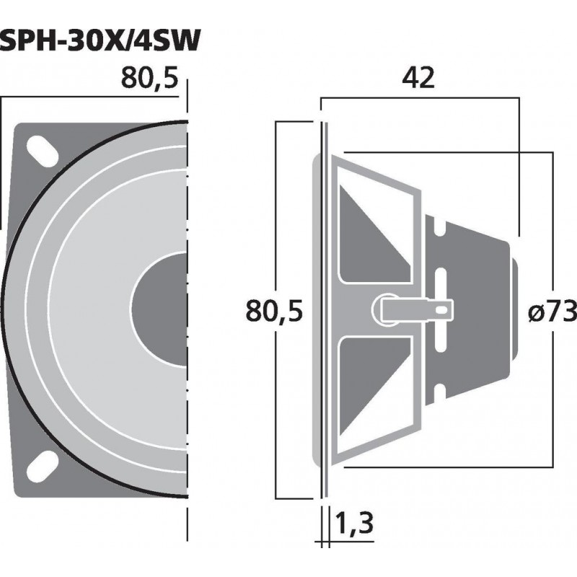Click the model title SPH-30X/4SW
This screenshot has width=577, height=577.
point(100,42)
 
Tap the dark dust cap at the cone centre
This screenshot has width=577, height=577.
point(162,306)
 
